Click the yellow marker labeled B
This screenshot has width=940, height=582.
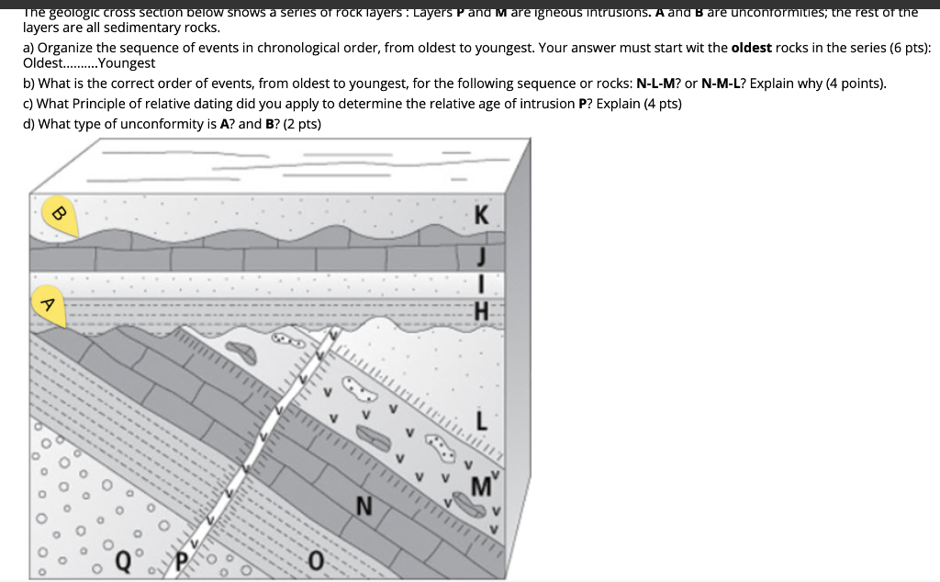pos(57,214)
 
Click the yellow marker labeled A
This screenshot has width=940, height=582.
pos(49,304)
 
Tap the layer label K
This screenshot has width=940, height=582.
pos(482,217)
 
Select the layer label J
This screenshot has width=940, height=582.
pos(480,253)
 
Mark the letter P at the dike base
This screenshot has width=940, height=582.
pos(181,558)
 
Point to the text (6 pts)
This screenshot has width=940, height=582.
pos(909,47)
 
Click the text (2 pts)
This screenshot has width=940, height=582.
pos(300,124)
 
